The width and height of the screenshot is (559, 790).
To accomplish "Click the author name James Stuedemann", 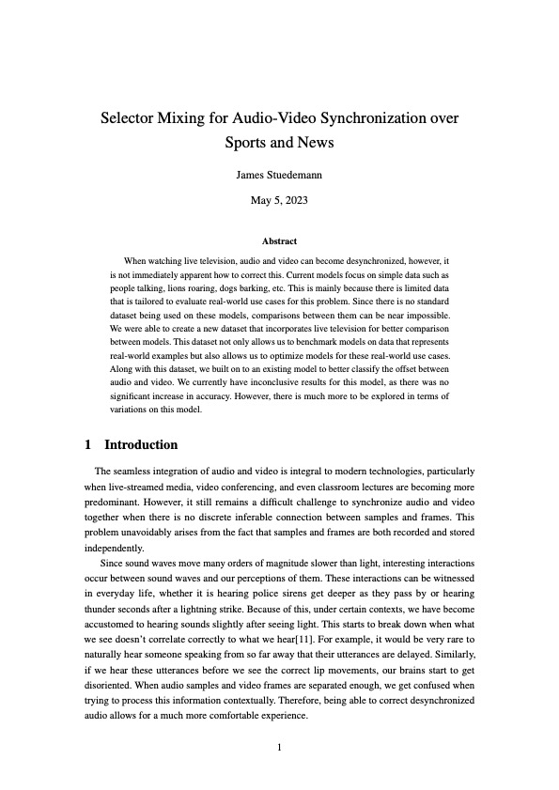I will pyautogui.click(x=279, y=175).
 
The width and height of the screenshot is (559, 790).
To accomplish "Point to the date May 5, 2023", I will pyautogui.click(x=279, y=200).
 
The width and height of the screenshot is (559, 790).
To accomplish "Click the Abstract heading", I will pyautogui.click(x=279, y=241).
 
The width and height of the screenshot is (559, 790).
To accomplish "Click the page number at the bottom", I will pyautogui.click(x=279, y=748).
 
